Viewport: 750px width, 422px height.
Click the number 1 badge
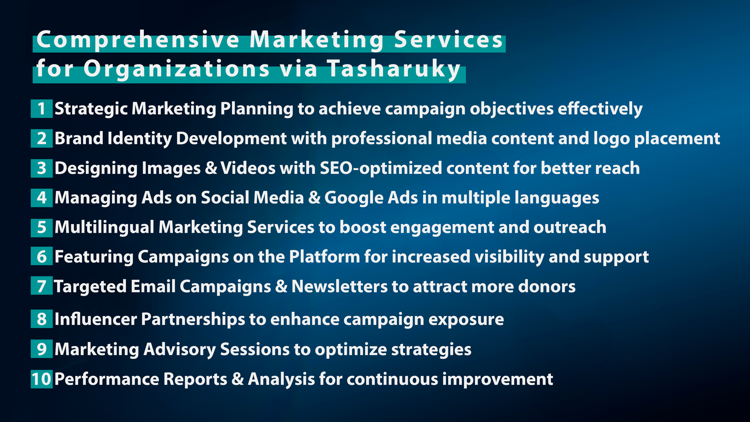pyautogui.click(x=42, y=108)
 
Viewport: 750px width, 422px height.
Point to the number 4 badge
pyautogui.click(x=42, y=197)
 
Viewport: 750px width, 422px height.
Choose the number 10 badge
pyautogui.click(x=42, y=379)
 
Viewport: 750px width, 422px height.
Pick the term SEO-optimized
pyautogui.click(x=381, y=168)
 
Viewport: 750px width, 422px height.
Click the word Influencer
pyautogui.click(x=96, y=319)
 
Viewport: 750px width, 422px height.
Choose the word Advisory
pyautogui.click(x=180, y=350)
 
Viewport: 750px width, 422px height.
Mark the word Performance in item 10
pyautogui.click(x=107, y=379)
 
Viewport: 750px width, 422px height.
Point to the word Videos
pyautogui.click(x=248, y=168)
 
